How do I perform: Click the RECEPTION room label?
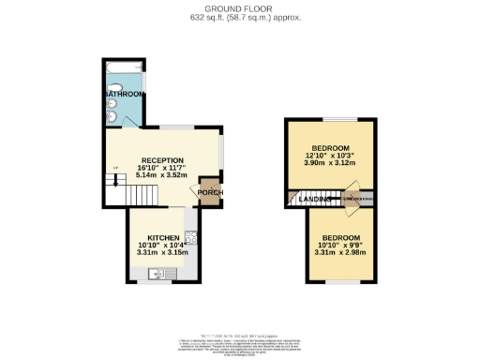[x=162, y=160]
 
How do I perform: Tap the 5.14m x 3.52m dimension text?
[x=162, y=175]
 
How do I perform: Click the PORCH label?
[x=210, y=193]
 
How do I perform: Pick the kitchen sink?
[x=157, y=274]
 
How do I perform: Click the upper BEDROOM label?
[x=331, y=148]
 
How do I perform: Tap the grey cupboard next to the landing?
[x=358, y=200]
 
